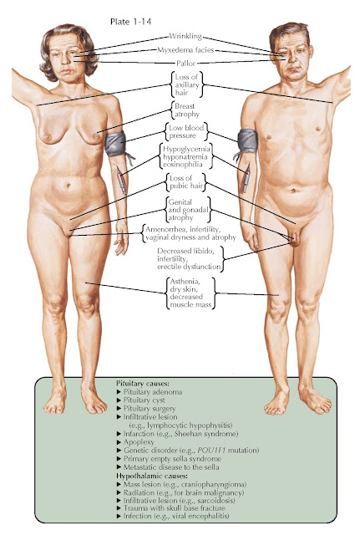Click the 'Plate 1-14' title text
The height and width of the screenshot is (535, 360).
[130, 22]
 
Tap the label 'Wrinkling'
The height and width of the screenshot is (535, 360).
[185, 36]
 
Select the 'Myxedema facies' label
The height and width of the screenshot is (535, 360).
[185, 50]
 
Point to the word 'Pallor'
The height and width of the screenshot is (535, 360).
[185, 64]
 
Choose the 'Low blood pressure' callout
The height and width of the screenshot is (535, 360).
[187, 131]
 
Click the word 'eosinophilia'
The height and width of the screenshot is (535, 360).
[183, 164]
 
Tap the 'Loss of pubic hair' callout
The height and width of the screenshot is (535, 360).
[186, 182]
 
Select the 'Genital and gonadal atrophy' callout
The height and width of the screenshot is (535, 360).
[188, 210]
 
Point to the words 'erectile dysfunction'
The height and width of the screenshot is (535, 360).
[189, 267]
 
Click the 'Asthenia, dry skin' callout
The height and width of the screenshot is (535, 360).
[191, 293]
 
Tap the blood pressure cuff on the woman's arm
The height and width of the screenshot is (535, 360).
[115, 144]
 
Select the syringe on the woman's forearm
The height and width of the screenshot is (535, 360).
[121, 180]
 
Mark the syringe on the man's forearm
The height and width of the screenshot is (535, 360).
[246, 178]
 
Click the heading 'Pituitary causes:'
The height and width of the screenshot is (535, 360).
[143, 383]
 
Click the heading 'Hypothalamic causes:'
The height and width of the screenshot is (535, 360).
[152, 476]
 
